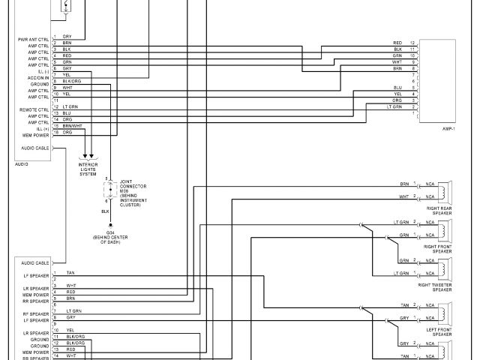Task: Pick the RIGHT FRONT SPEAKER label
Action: pos(438,249)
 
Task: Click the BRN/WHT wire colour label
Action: pos(72,125)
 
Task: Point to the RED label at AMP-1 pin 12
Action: pos(397,43)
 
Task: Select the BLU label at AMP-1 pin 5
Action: pos(397,88)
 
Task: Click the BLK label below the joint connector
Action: pos(105,212)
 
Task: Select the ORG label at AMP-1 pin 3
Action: pos(397,100)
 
